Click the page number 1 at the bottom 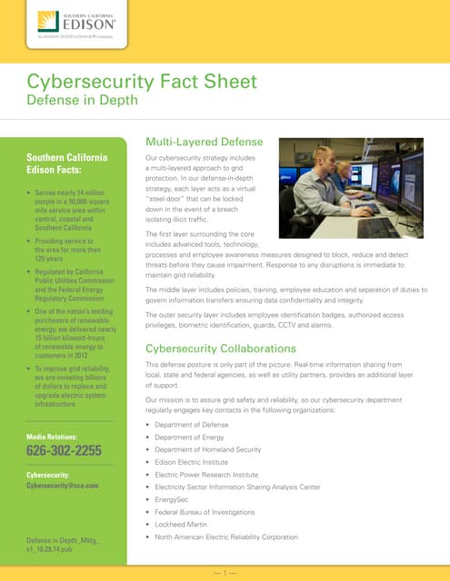tap(225, 572)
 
